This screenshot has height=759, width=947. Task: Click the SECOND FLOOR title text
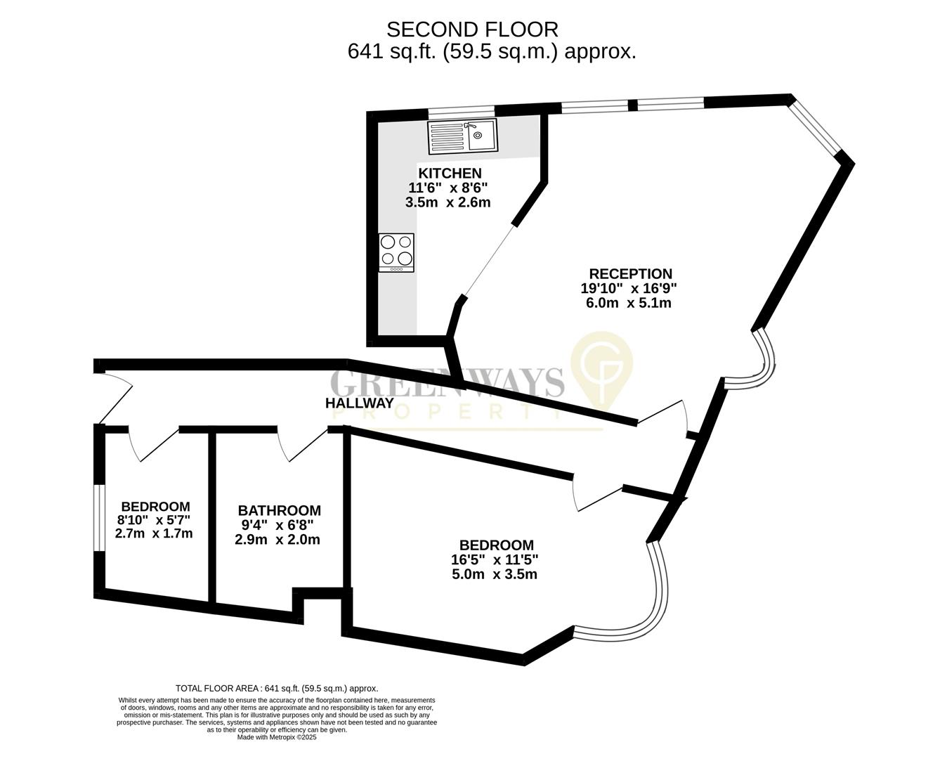click(x=473, y=29)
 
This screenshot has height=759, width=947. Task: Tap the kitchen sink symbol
click(x=462, y=136)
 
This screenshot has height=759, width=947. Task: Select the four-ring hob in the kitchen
click(x=396, y=252)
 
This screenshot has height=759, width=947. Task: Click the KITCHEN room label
click(x=450, y=174)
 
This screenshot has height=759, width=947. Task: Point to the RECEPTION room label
click(x=630, y=274)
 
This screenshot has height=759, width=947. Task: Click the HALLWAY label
click(x=359, y=403)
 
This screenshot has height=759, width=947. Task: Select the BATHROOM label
click(x=279, y=511)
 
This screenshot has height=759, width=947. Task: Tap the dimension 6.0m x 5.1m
click(x=628, y=304)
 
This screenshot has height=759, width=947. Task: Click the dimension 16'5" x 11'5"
click(x=495, y=560)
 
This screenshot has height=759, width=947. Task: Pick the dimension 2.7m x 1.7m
click(x=154, y=534)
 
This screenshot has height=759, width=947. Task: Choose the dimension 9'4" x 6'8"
click(x=277, y=525)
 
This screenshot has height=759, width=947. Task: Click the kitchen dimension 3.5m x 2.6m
click(x=448, y=202)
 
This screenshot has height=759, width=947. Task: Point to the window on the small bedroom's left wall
click(x=100, y=517)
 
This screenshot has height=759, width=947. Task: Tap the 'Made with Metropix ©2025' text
click(x=277, y=738)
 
